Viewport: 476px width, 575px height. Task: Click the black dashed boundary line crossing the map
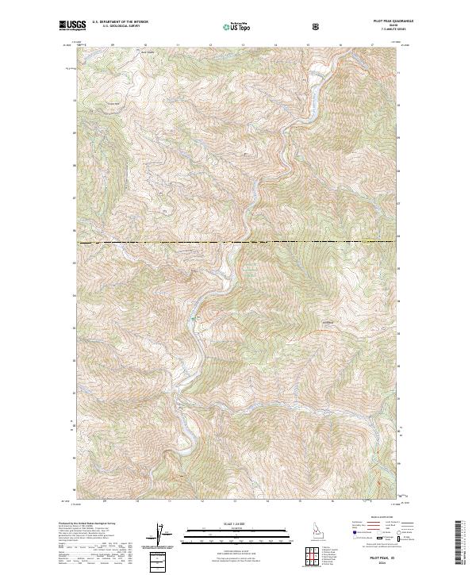pyautogui.click(x=238, y=241)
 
